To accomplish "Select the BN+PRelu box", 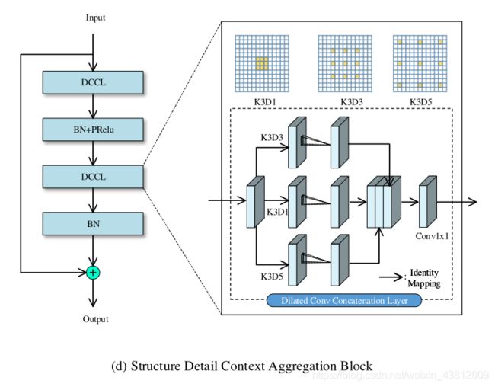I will (93, 129).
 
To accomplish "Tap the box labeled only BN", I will (93, 223).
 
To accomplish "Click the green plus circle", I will (93, 272).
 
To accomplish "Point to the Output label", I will (96, 319).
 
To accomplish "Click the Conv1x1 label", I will (433, 235).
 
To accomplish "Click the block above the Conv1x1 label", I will (429, 202).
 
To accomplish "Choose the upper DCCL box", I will (93, 82).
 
